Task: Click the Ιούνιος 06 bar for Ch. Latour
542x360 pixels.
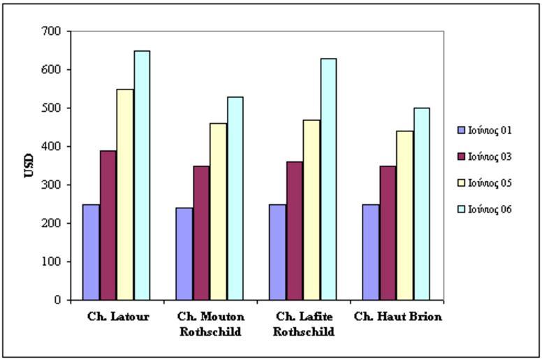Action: [142, 175]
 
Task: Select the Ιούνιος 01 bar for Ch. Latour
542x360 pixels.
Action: [91, 252]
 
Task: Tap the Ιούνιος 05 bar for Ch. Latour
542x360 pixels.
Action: [125, 194]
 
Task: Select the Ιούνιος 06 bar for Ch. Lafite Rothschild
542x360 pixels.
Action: [328, 179]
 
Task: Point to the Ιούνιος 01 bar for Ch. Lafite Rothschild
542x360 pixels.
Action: [277, 252]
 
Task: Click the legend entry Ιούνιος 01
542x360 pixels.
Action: [489, 130]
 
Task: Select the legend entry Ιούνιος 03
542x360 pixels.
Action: [489, 157]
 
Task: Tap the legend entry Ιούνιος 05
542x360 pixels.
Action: [489, 183]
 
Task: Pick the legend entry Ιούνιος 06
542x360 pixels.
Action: [489, 209]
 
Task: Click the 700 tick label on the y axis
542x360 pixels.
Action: [52, 31]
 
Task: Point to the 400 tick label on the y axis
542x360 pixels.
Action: [52, 147]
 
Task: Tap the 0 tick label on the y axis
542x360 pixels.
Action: [58, 300]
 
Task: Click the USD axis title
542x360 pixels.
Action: [29, 165]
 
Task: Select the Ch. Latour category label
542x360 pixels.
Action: [118, 317]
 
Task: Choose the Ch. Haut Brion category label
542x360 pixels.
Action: [397, 317]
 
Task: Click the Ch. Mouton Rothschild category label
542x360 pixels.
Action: [211, 324]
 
